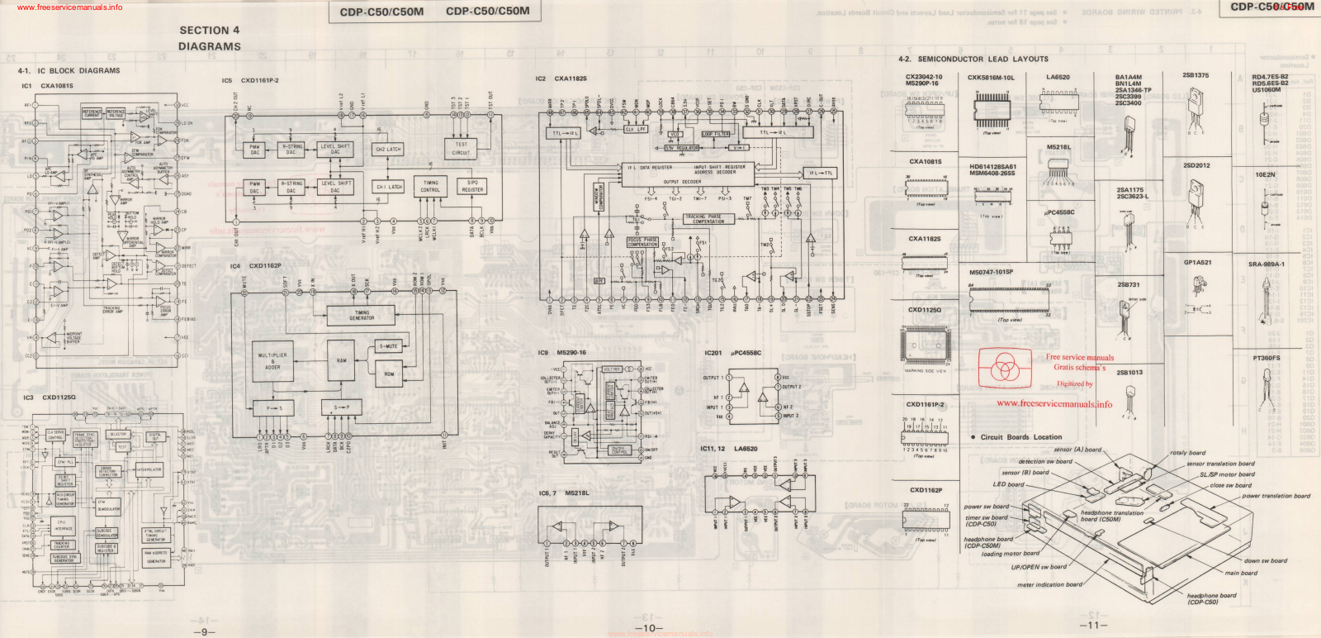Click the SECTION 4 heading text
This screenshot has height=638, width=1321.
(x=210, y=31)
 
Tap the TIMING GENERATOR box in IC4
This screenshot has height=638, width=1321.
(x=362, y=315)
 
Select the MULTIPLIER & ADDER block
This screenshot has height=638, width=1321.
(x=272, y=361)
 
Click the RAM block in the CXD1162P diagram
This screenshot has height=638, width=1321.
(x=341, y=361)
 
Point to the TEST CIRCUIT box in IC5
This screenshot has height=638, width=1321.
(x=461, y=148)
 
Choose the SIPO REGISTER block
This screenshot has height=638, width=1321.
(x=472, y=186)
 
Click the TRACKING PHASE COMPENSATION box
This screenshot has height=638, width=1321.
(x=703, y=219)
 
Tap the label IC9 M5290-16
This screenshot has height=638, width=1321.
(x=562, y=353)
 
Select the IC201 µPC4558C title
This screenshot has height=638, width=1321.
(x=732, y=353)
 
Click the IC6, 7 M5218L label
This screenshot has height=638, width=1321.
(x=564, y=493)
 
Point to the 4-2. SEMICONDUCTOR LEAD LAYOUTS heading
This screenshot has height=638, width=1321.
(x=973, y=60)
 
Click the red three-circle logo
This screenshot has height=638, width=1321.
(x=1005, y=367)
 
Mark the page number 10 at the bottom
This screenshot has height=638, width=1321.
(x=648, y=628)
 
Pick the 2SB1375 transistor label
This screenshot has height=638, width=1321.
(x=1195, y=75)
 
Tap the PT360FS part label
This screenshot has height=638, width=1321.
(x=1266, y=358)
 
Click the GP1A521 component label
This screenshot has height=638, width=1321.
(x=1197, y=263)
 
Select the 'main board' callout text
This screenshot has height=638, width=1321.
(x=1241, y=573)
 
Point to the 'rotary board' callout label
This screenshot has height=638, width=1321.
(x=1187, y=453)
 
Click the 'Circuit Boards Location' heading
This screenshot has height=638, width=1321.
(x=1021, y=437)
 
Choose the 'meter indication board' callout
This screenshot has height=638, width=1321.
(x=1049, y=584)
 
